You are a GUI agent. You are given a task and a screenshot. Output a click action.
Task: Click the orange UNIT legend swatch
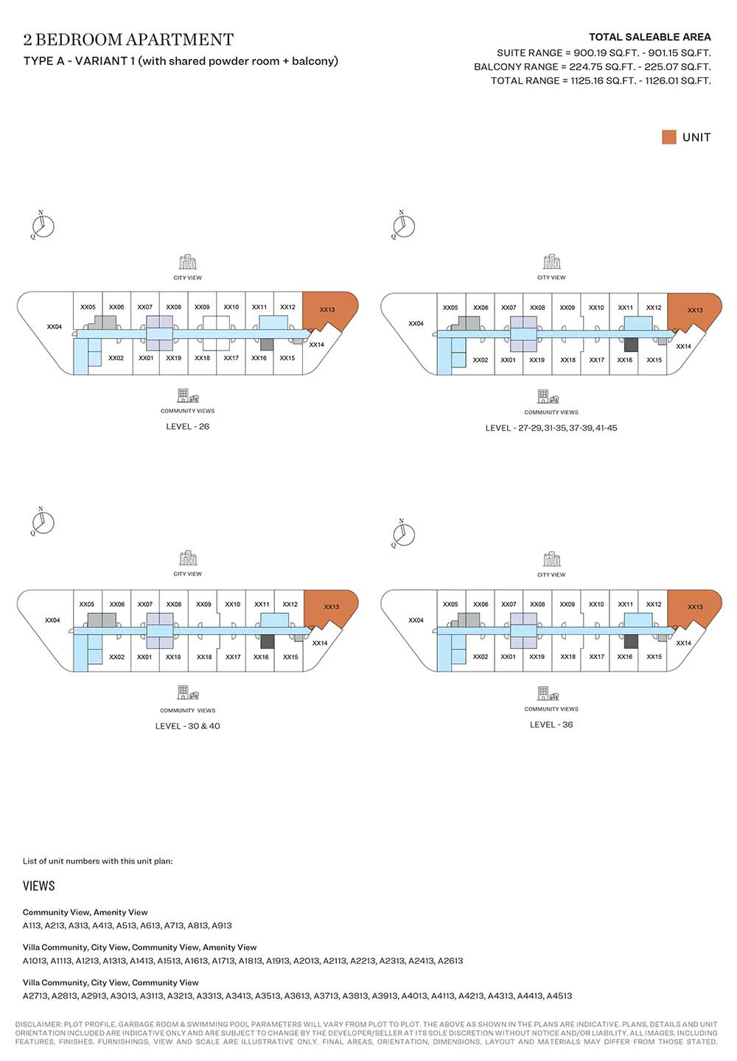pyautogui.click(x=669, y=137)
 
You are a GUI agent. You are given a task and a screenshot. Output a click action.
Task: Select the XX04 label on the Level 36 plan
pyautogui.click(x=416, y=620)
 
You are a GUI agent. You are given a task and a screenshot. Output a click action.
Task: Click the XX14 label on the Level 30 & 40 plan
pyautogui.click(x=320, y=643)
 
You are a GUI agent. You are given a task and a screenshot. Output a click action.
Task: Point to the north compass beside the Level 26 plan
pyautogui.click(x=43, y=225)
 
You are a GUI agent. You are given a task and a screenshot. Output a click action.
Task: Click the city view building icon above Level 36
pyautogui.click(x=551, y=560)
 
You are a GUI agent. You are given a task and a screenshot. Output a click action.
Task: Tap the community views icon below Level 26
pyautogui.click(x=188, y=396)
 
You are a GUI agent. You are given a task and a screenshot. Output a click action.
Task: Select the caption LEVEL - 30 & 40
pyautogui.click(x=187, y=726)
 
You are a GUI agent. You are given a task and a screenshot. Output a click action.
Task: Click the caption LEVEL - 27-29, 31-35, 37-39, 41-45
pyautogui.click(x=551, y=428)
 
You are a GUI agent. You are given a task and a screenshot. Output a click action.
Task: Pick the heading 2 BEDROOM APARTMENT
pyautogui.click(x=128, y=40)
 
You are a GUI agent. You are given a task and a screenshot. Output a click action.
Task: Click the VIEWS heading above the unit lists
pyautogui.click(x=39, y=886)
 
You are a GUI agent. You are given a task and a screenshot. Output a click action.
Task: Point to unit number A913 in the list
pyautogui.click(x=222, y=926)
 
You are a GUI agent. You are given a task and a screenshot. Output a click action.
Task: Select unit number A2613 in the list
pyautogui.click(x=450, y=961)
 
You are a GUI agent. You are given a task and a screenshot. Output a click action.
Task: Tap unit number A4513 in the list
pyautogui.click(x=559, y=996)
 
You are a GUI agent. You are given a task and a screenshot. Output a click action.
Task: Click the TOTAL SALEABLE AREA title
pyautogui.click(x=649, y=37)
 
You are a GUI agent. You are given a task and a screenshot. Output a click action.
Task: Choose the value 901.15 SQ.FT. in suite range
pyautogui.click(x=680, y=53)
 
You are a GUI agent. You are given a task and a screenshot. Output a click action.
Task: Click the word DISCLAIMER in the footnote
pyautogui.click(x=38, y=1024)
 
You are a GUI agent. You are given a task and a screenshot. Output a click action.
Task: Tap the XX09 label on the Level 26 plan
pyautogui.click(x=202, y=307)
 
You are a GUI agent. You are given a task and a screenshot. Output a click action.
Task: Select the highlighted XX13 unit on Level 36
pyautogui.click(x=694, y=606)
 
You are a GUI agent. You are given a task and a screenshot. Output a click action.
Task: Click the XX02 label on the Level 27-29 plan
pyautogui.click(x=481, y=360)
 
